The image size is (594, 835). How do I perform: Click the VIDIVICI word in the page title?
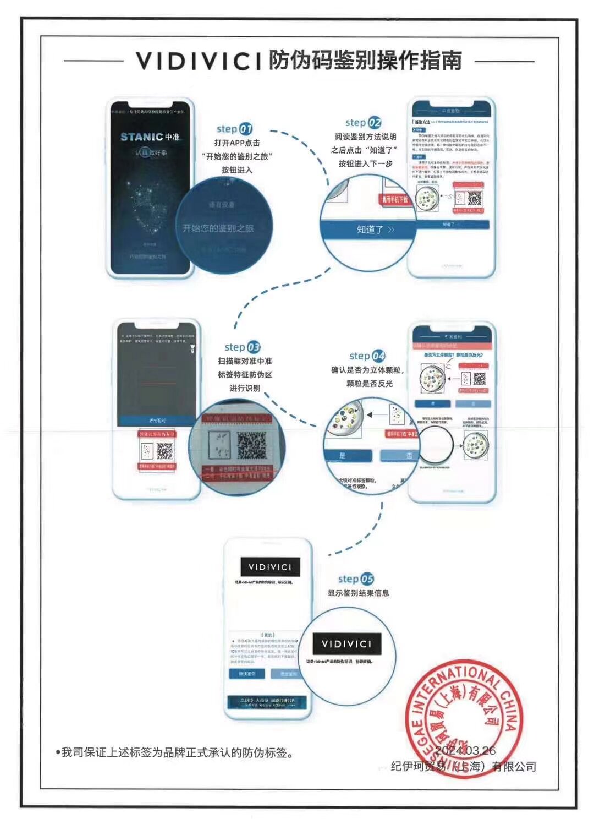199,61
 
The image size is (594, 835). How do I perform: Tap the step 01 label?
234,129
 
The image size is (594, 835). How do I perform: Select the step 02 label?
363,123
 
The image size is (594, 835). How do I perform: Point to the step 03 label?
242,347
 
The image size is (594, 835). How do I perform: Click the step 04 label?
367,356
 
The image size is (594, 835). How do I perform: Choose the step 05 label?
356,579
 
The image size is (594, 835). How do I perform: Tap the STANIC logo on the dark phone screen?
142,137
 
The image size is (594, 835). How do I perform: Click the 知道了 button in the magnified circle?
370,230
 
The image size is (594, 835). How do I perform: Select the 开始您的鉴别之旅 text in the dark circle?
218,228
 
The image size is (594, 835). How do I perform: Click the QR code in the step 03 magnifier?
251,446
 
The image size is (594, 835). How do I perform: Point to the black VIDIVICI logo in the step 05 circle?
346,644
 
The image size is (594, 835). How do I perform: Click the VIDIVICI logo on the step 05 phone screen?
269,567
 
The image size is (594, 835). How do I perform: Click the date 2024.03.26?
465,751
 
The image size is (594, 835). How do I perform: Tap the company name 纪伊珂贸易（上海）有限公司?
463,767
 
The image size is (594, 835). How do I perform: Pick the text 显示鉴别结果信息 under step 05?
359,593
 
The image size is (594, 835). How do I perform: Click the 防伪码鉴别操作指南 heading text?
365,61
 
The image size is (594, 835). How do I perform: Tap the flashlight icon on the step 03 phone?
192,348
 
